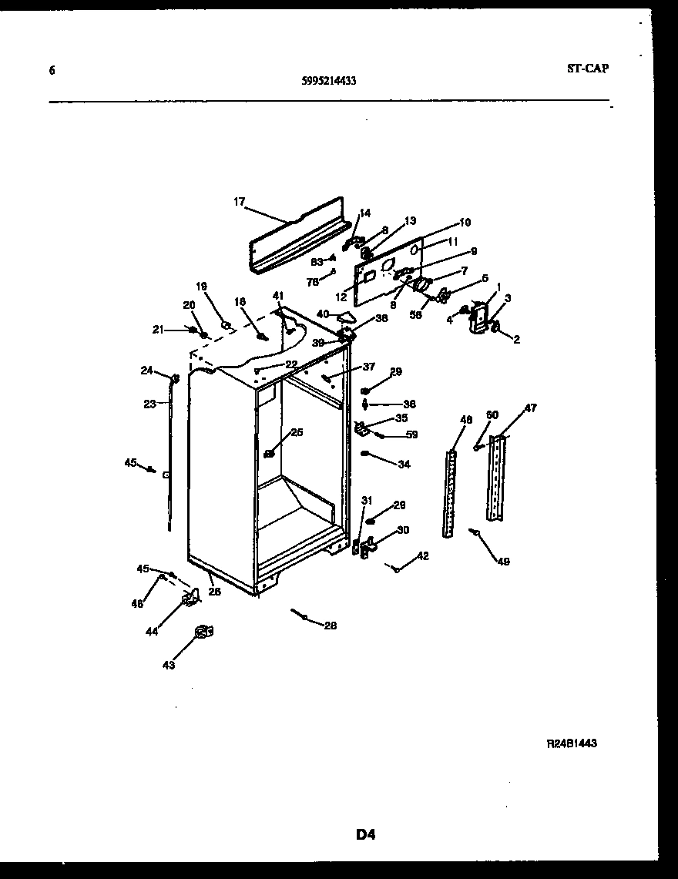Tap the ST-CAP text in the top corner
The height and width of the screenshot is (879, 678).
point(587,69)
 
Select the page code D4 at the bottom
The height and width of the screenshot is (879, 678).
point(365,834)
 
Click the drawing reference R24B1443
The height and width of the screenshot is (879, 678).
point(572,743)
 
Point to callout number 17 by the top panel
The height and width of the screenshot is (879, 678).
point(239,202)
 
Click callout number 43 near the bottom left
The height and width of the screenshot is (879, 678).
point(168,665)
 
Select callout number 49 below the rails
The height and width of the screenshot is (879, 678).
point(502,562)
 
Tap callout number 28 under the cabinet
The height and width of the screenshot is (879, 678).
point(330,626)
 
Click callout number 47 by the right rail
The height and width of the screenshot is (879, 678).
point(531,408)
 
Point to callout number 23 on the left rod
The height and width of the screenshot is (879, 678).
point(149,403)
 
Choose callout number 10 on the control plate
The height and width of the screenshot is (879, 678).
point(464,223)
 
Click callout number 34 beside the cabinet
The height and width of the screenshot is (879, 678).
point(404,465)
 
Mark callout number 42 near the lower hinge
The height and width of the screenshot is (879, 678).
point(422,555)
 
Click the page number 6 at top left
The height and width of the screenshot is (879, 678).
point(52,70)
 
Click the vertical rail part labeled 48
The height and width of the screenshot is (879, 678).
point(451,493)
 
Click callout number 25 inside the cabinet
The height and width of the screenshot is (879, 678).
point(297,432)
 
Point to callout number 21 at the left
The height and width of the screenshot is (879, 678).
point(158,330)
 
